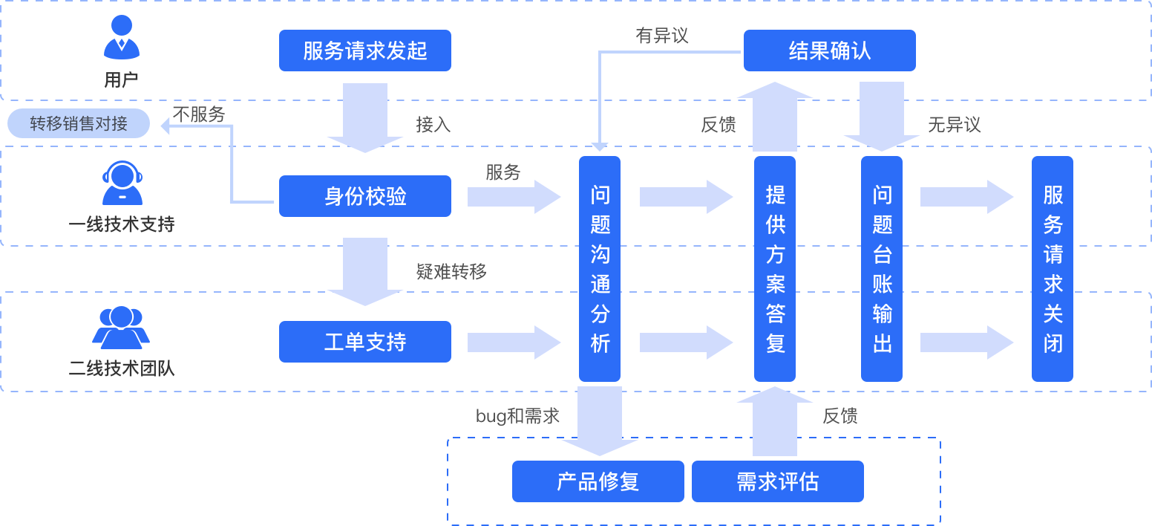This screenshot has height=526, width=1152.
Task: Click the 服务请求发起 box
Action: tap(364, 51)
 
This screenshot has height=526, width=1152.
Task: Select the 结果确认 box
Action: tap(829, 51)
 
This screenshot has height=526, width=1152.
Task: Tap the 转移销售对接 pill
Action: tap(79, 123)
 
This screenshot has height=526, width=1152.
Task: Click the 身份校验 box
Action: tap(364, 196)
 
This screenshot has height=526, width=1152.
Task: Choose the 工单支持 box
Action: tap(364, 342)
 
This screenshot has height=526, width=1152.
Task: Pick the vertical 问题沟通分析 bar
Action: tap(600, 269)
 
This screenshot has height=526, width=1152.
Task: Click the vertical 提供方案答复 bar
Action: tap(775, 269)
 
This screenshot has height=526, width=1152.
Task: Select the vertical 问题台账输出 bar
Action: tap(882, 269)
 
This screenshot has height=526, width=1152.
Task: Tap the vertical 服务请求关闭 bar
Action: tap(1053, 269)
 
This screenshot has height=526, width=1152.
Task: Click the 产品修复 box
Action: tap(598, 481)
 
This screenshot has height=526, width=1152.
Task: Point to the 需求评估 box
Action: tap(777, 481)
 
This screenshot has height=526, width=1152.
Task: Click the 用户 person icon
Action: tap(121, 39)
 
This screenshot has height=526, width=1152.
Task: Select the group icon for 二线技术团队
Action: tap(121, 328)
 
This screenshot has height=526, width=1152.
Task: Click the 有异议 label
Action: tap(662, 35)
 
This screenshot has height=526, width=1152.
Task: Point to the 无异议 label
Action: tap(954, 125)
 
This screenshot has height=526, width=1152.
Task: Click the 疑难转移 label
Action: tap(451, 272)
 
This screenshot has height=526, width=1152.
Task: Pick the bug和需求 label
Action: tap(517, 416)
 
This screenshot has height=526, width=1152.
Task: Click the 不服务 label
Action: tap(198, 114)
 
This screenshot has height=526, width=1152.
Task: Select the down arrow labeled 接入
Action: tap(364, 117)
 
